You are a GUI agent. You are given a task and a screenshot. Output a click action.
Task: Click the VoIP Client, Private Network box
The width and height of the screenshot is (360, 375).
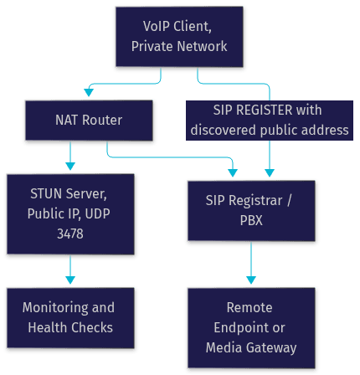pyautogui.click(x=179, y=37)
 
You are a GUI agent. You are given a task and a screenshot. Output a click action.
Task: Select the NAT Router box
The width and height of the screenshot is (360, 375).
pyautogui.click(x=89, y=121)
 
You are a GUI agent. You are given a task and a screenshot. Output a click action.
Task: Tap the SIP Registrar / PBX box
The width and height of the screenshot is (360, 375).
pyautogui.click(x=251, y=211)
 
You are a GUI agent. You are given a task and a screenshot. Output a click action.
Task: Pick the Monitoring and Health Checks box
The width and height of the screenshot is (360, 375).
pyautogui.click(x=70, y=318)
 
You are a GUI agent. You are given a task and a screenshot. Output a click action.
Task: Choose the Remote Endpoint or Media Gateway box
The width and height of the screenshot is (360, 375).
pyautogui.click(x=251, y=328)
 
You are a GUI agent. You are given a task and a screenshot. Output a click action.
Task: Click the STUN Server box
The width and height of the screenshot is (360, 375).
pyautogui.click(x=70, y=214)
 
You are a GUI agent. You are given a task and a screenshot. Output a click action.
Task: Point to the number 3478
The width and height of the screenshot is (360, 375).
pyautogui.click(x=70, y=234)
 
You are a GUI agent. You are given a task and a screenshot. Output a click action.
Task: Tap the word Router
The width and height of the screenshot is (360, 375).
pyautogui.click(x=102, y=121)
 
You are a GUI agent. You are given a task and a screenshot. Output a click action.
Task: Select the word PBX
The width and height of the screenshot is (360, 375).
pyautogui.click(x=251, y=220)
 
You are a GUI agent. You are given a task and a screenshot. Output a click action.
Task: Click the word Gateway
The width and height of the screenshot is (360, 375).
pyautogui.click(x=271, y=348)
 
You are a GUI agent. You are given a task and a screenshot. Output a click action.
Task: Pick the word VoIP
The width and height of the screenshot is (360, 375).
pyautogui.click(x=157, y=26)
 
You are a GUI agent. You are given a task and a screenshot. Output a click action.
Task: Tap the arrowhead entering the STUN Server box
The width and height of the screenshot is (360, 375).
pyautogui.click(x=70, y=167)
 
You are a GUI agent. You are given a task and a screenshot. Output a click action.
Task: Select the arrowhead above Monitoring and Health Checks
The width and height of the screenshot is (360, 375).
pyautogui.click(x=70, y=280)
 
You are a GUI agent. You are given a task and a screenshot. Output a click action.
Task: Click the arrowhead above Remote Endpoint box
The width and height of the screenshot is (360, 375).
pyautogui.click(x=251, y=280)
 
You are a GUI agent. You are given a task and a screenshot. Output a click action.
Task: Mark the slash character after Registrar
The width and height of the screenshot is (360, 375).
pyautogui.click(x=289, y=200)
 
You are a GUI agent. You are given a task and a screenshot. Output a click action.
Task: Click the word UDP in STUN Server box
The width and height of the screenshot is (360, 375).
pyautogui.click(x=97, y=214)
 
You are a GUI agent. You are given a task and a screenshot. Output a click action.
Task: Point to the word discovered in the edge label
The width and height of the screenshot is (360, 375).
pyautogui.click(x=224, y=130)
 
